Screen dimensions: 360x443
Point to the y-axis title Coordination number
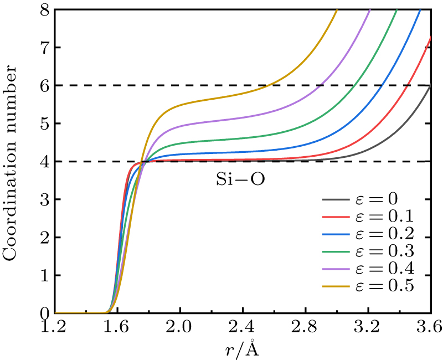(x=12, y=160)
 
